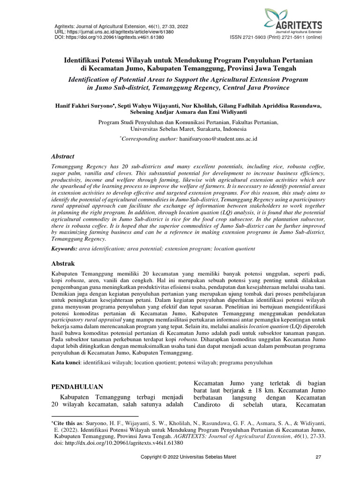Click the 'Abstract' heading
(x=63, y=157)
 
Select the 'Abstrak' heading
(x=62, y=263)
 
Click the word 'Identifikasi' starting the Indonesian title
(x=85, y=60)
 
